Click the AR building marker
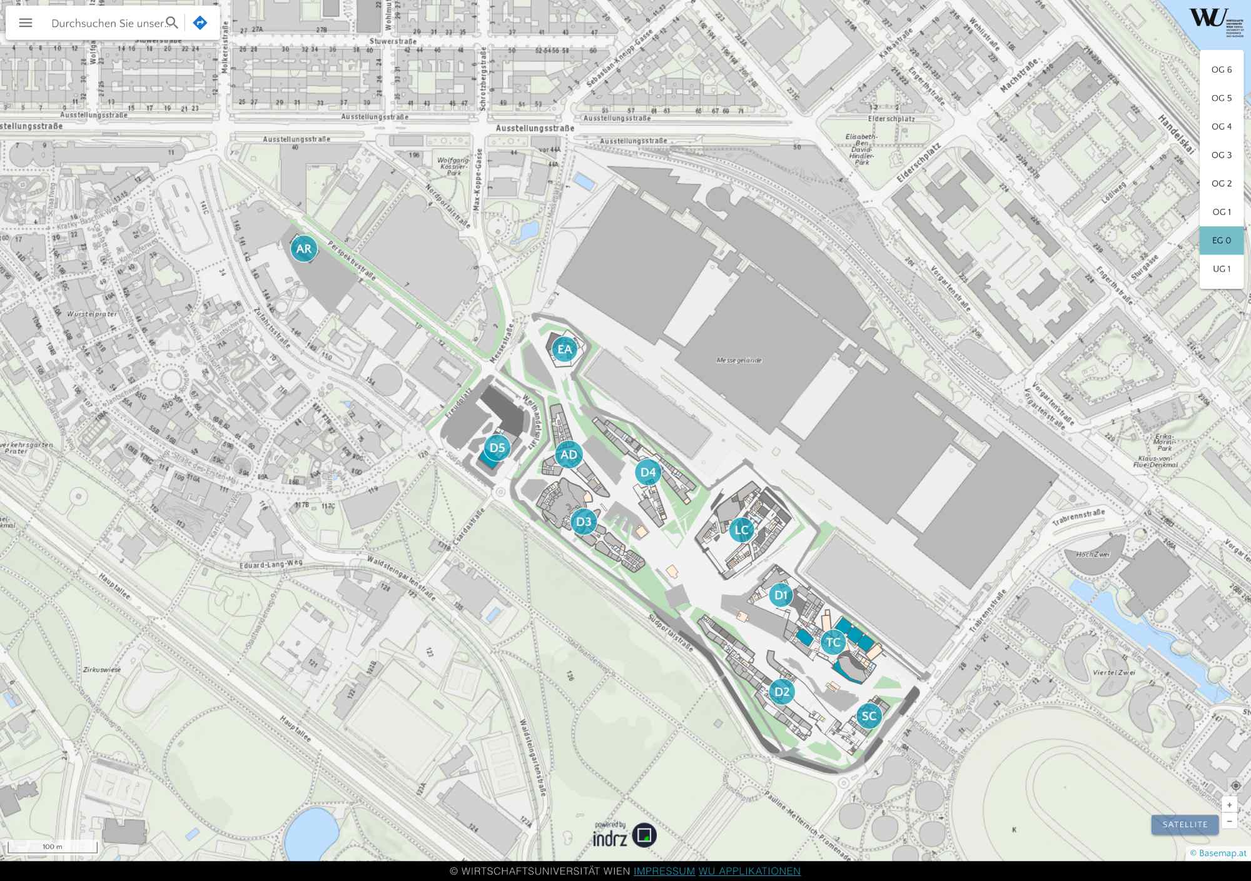tap(304, 249)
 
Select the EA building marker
tap(565, 350)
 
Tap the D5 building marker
tap(497, 448)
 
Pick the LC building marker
tap(742, 530)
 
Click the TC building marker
tap(833, 642)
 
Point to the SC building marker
tap(869, 717)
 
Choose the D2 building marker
tap(782, 692)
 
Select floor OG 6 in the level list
tap(1221, 69)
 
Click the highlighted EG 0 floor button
tap(1221, 240)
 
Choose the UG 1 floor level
tap(1221, 269)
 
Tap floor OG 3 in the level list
tap(1221, 155)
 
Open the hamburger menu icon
tap(26, 23)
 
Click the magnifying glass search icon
tap(172, 23)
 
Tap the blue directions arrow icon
tap(200, 23)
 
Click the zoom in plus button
tap(1229, 805)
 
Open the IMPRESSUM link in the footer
tap(664, 871)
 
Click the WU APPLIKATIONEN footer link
tap(749, 871)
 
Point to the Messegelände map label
tap(739, 360)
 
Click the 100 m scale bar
tap(53, 847)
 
